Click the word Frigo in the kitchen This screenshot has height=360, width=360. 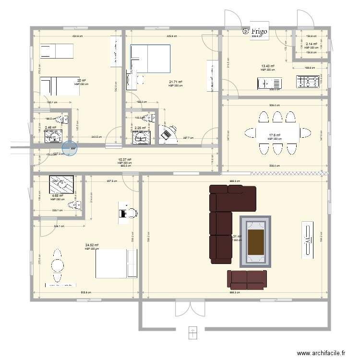(x=260, y=31)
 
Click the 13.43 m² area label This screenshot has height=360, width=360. (x=267, y=66)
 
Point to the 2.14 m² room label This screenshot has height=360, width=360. (x=311, y=44)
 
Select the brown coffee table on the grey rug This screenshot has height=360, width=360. (x=255, y=241)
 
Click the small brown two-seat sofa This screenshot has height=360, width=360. (x=247, y=279)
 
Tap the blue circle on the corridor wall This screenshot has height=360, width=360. (x=70, y=148)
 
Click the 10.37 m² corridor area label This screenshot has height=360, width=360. (x=124, y=160)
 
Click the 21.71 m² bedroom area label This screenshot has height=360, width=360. (x=175, y=82)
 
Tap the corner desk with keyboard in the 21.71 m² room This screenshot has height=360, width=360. (x=168, y=132)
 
